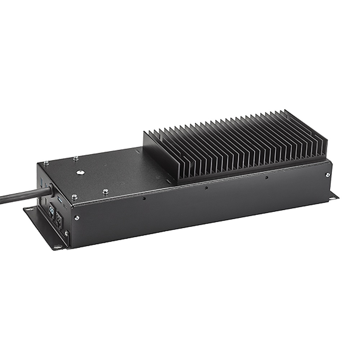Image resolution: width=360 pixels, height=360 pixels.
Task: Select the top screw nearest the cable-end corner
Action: pyautogui.click(x=47, y=163)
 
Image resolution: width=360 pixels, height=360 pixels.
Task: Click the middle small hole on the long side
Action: pyautogui.click(x=206, y=187)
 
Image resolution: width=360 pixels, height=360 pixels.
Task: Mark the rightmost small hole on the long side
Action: pyautogui.click(x=266, y=177)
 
